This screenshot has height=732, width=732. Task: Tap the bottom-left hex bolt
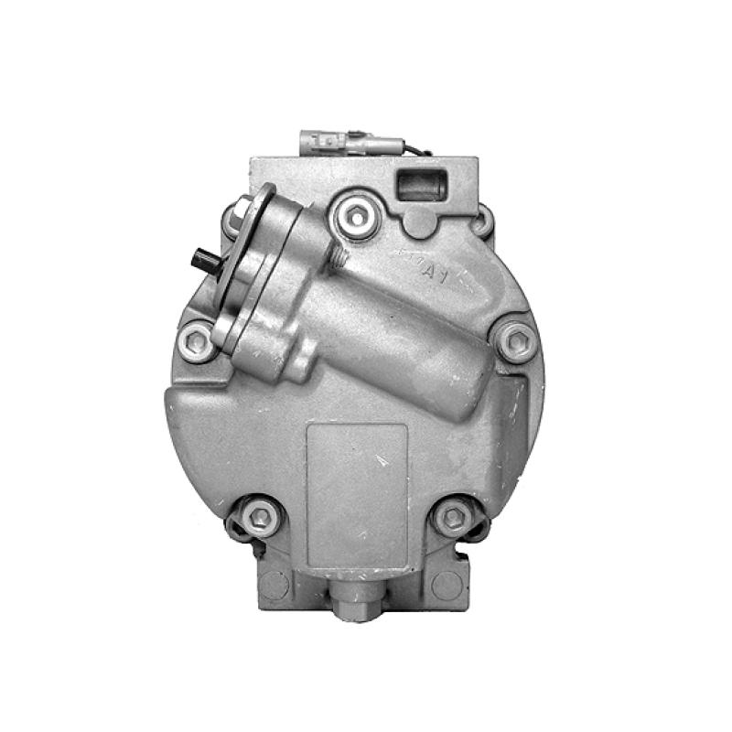261,517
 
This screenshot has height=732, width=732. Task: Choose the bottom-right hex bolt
454,518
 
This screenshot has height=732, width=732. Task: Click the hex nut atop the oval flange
241,212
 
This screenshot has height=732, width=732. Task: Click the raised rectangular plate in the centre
357,494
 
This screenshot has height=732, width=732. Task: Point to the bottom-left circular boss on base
274,584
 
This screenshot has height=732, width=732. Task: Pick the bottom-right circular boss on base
447,584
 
